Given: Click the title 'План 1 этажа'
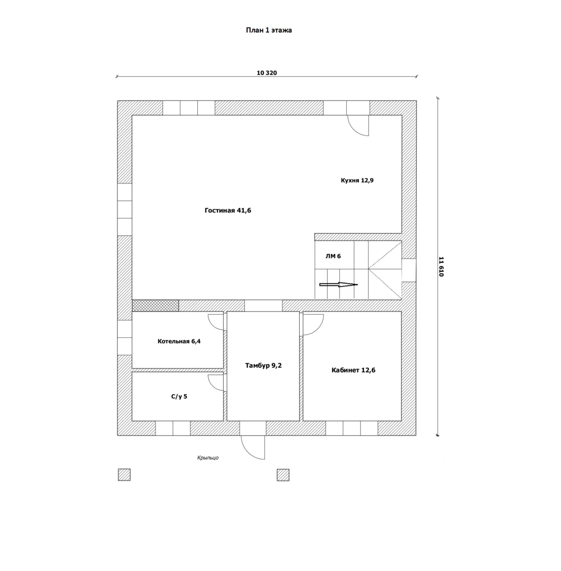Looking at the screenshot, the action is click(269, 30).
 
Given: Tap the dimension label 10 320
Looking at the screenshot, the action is click(266, 73).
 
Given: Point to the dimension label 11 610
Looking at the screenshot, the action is click(441, 266).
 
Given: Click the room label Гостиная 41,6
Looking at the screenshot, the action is click(228, 210).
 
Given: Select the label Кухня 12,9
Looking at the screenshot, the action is click(357, 180).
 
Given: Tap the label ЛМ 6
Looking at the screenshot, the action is click(333, 256).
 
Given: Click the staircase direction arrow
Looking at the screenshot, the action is click(338, 285).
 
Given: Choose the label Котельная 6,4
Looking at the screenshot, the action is click(179, 341).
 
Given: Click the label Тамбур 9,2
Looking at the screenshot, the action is click(263, 366).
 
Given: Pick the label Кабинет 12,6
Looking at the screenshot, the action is click(353, 370).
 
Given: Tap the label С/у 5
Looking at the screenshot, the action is click(179, 397).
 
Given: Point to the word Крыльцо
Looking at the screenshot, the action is click(208, 458).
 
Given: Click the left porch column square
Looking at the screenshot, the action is click(124, 475).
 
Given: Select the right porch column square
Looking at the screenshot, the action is click(283, 475).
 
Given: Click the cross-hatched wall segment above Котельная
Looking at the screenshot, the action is click(155, 306).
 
